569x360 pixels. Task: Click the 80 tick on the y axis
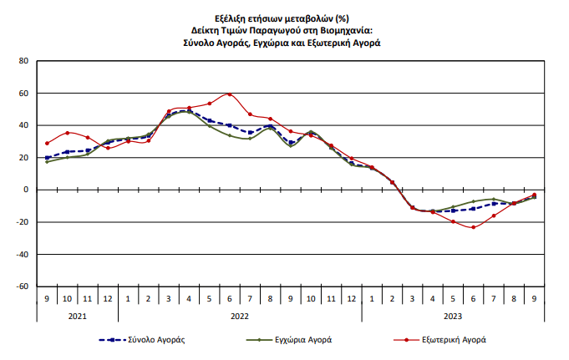23,61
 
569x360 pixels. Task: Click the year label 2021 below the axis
77,315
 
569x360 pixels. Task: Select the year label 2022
240,315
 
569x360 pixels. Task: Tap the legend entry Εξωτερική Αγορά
453,340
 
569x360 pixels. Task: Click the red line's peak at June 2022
230,94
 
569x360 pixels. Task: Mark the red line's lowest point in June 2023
474,227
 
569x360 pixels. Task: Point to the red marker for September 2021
47,143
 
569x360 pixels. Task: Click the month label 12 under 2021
108,298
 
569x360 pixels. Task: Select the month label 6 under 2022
230,298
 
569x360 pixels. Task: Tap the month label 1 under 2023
372,298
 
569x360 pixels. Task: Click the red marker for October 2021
67,133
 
